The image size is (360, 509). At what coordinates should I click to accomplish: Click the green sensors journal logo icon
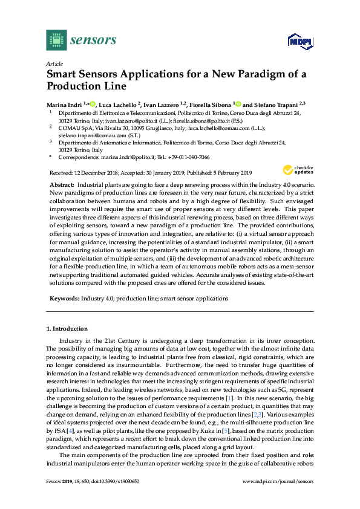point(56,40)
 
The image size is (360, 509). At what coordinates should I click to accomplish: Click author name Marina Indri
point(65,103)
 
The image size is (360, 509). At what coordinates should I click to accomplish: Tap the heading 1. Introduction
point(67,329)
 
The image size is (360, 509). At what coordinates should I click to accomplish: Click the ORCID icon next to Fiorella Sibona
point(238,103)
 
